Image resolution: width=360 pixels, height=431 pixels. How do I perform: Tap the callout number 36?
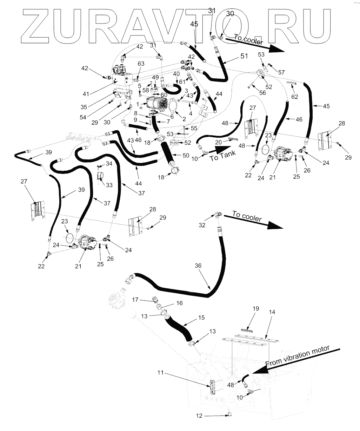(x=198, y=266)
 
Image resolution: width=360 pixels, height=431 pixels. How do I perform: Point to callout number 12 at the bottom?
(x=199, y=416)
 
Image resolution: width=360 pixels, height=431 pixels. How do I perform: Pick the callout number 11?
(x=161, y=373)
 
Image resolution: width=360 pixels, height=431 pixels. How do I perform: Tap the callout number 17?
(x=135, y=300)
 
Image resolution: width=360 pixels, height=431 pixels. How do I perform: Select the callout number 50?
(x=186, y=155)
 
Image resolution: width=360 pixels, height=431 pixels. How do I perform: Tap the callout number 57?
(x=282, y=72)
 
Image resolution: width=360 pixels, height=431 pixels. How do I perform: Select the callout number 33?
(x=109, y=185)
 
